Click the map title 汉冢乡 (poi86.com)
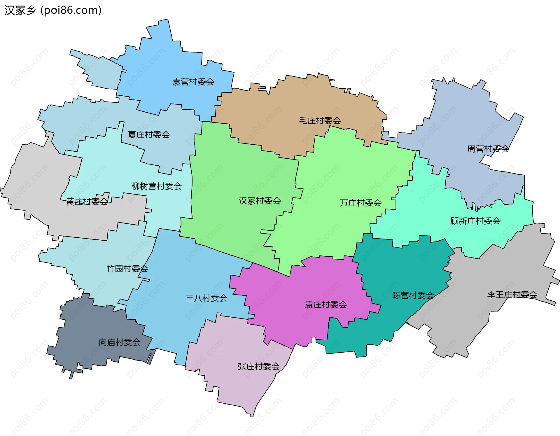(x=53, y=10)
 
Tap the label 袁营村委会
(x=193, y=82)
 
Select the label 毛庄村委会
(x=320, y=120)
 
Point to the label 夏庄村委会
(x=149, y=135)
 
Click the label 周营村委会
(x=488, y=149)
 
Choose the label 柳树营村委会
(x=157, y=186)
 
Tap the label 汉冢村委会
(x=260, y=201)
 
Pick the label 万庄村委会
(x=360, y=203)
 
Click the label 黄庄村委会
(x=87, y=202)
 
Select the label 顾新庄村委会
(x=475, y=221)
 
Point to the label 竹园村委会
(x=127, y=269)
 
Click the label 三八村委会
(x=206, y=298)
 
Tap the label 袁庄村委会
(x=326, y=304)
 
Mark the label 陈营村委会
(x=413, y=295)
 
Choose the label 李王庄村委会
(x=512, y=295)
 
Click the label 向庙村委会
(x=120, y=342)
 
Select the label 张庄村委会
(x=258, y=366)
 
